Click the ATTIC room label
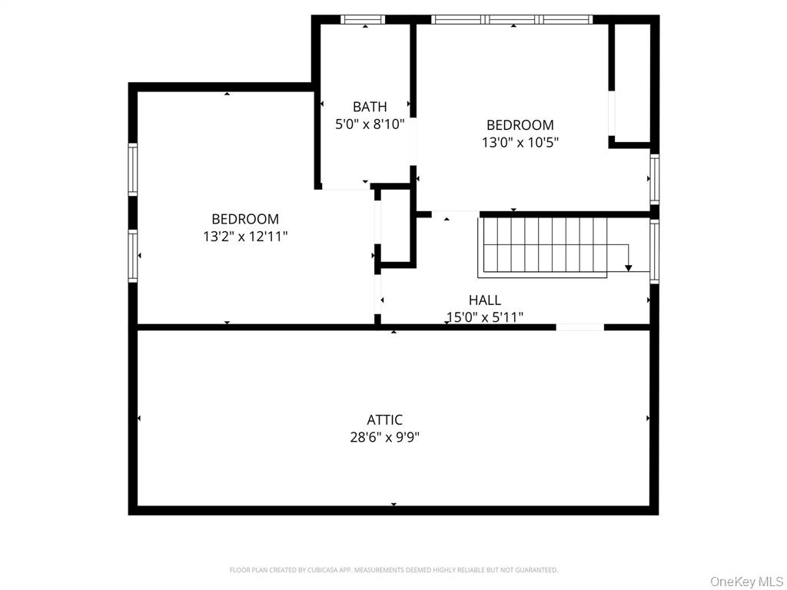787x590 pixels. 384,420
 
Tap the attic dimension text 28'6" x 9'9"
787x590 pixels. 384,437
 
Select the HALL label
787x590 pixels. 484,300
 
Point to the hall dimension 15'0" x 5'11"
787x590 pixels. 484,317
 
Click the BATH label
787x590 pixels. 370,107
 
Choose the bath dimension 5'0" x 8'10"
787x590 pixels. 370,123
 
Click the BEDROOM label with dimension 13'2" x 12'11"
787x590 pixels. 245,219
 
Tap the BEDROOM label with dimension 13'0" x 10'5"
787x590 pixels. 520,125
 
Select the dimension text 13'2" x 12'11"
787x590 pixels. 245,237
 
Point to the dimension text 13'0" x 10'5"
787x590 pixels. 520,142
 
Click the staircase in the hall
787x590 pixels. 543,246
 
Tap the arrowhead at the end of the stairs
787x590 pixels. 629,267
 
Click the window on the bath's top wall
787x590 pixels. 363,19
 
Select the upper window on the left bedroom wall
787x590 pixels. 133,170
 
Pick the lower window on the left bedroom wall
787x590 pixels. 133,256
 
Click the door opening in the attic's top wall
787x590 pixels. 579,327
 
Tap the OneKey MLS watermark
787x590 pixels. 745,581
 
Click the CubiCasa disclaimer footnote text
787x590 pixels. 393,570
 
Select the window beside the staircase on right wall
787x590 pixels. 654,250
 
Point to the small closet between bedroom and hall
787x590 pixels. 397,227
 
